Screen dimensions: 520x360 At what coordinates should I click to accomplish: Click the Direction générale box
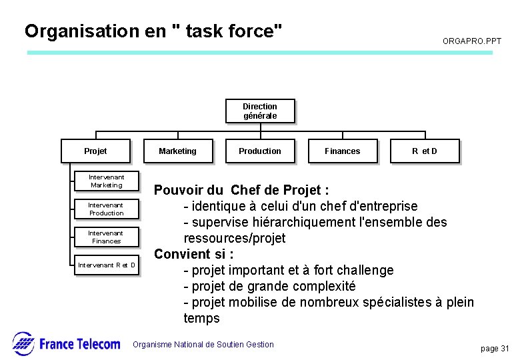(259, 111)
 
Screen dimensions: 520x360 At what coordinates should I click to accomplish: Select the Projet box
(95, 151)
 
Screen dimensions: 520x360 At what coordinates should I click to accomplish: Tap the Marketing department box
(177, 151)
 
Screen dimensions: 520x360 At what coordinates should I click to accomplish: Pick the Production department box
(259, 151)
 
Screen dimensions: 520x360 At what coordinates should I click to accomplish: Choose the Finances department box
(342, 151)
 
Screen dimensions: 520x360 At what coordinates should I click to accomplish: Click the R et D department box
(424, 151)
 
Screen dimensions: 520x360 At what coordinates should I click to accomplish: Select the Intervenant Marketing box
(106, 181)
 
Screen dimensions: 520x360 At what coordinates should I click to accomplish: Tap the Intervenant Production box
(106, 209)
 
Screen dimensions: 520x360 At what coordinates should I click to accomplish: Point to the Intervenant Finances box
(106, 237)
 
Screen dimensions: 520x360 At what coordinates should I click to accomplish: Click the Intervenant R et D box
(106, 265)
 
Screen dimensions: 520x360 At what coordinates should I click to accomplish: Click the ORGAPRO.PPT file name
(471, 41)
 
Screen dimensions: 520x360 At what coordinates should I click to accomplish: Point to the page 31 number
(495, 349)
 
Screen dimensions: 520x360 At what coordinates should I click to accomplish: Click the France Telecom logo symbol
(23, 343)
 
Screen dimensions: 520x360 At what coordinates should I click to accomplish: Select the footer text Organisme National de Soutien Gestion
(203, 345)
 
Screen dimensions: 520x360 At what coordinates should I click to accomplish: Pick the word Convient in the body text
(183, 254)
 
